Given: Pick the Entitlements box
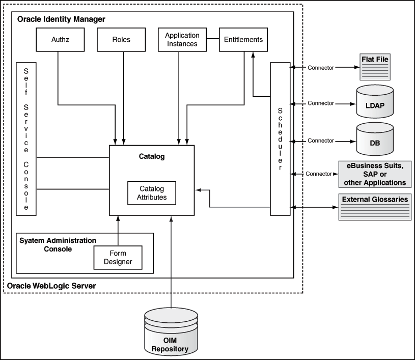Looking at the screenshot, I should pos(243,39).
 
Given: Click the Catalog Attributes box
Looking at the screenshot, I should pos(151,193).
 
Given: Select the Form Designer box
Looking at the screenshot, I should pos(118,257).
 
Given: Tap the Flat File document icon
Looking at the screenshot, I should pos(375,66).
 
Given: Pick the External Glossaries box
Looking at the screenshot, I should pos(375,207).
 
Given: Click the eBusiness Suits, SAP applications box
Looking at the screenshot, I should pos(375,174).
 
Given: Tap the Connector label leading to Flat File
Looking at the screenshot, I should pos(321,67).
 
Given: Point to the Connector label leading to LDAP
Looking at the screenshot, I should pos(321,103).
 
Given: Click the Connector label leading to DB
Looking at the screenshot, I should pos(321,141).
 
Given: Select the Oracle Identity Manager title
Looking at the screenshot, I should pos(61,19).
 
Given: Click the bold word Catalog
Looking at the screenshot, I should pos(152,156).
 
